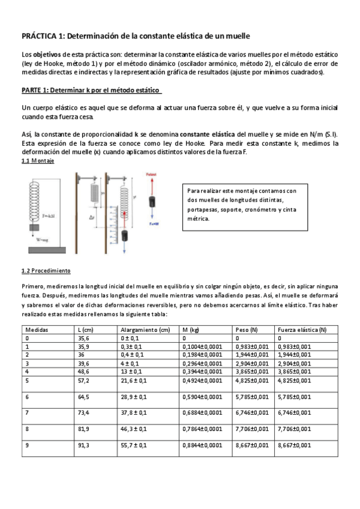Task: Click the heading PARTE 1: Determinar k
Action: pyautogui.click(x=90, y=89)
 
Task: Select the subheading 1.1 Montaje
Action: pyautogui.click(x=38, y=161)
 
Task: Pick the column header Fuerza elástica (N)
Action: pyautogui.click(x=302, y=330)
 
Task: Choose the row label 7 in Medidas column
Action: pyautogui.click(x=26, y=413)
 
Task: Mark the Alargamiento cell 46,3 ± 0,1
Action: pyautogui.click(x=137, y=429)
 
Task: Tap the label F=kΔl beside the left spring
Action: pyautogui.click(x=52, y=214)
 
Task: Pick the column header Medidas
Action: pyautogui.click(x=37, y=330)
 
